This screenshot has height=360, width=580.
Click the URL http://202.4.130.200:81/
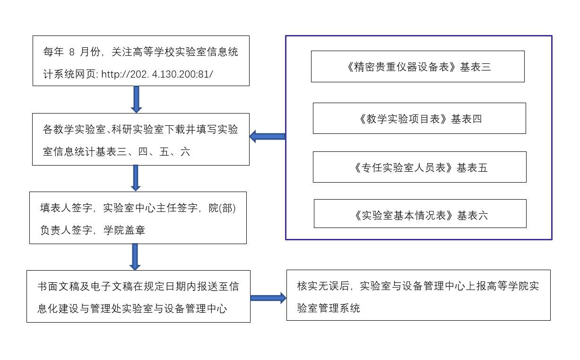pos(157,74)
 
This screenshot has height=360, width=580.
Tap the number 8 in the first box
pos(72,52)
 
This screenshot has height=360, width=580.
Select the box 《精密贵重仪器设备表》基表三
pos(418,67)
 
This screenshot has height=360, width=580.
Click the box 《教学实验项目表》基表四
pos(419,118)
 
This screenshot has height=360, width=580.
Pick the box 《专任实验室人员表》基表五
pos(420,167)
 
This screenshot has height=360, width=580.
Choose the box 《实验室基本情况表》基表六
pos(420,214)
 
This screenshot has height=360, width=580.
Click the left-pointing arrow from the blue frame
pos(268,136)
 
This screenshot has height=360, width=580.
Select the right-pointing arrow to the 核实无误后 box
pos(268,298)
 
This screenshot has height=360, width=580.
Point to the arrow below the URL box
pos(136,99)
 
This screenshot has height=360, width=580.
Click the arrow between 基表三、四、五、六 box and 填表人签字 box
pos(136,178)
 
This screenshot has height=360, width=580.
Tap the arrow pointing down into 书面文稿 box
pos(135,257)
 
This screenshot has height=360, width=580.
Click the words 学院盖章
pos(124,230)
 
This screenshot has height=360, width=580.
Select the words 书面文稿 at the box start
pos(59,286)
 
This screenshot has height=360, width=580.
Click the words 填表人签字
pos(66,208)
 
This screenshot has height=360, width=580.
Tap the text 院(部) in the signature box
pos(222,208)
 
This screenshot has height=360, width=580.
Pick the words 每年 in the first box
pos(53,52)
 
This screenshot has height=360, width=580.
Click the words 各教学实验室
pos(74,129)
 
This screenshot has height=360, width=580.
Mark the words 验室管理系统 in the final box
pos(329,308)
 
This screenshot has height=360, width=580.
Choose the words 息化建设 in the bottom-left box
pos(58,309)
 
